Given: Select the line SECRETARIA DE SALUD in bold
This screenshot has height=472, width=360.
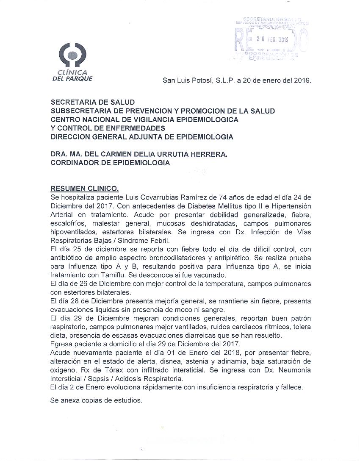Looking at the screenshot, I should [92, 102].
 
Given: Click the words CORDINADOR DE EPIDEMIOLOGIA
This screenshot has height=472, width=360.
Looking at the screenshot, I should [110, 163].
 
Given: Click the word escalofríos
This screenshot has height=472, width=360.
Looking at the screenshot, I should [68, 223].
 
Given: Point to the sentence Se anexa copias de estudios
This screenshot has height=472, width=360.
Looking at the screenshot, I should [96, 400].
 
